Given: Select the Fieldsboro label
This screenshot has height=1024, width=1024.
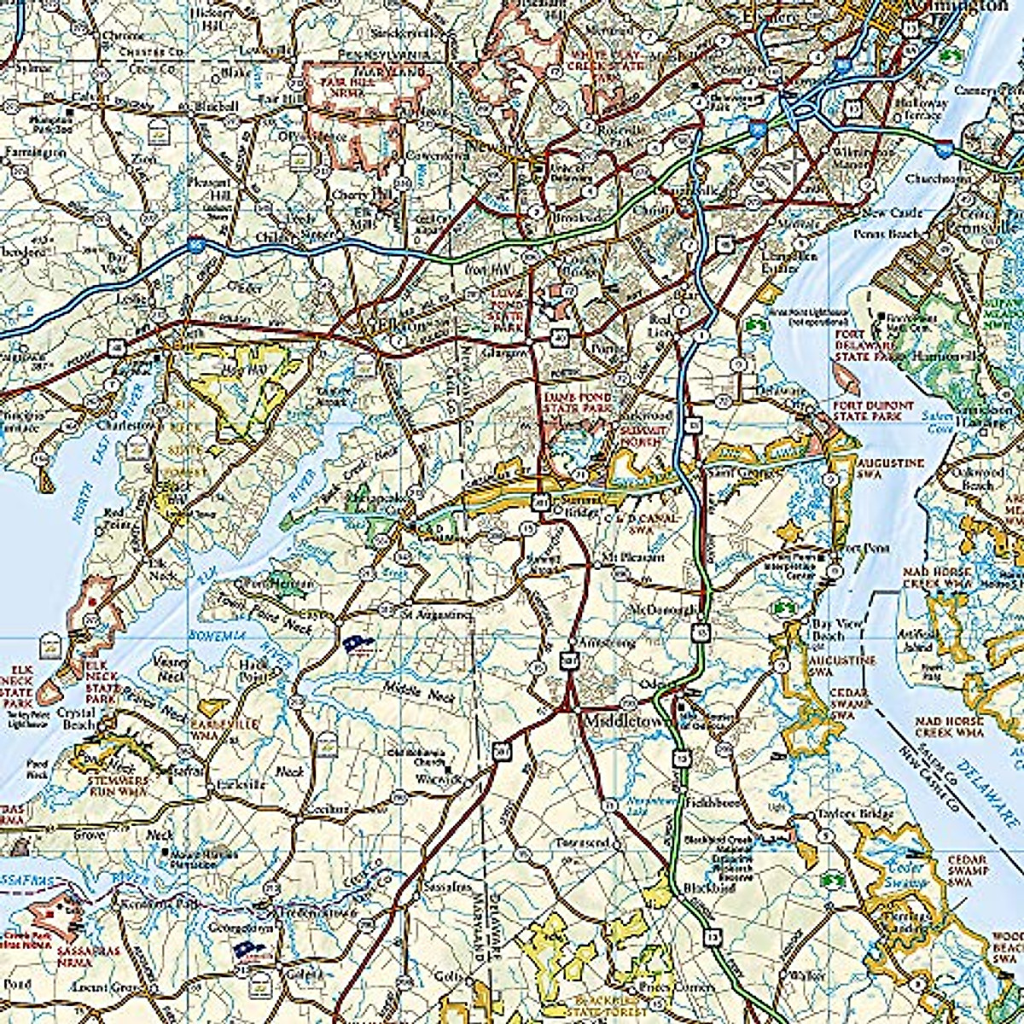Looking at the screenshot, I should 711,803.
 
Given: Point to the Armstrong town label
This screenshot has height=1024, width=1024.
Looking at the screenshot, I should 606,643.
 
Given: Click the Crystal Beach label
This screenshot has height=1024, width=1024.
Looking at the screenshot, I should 76,719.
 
